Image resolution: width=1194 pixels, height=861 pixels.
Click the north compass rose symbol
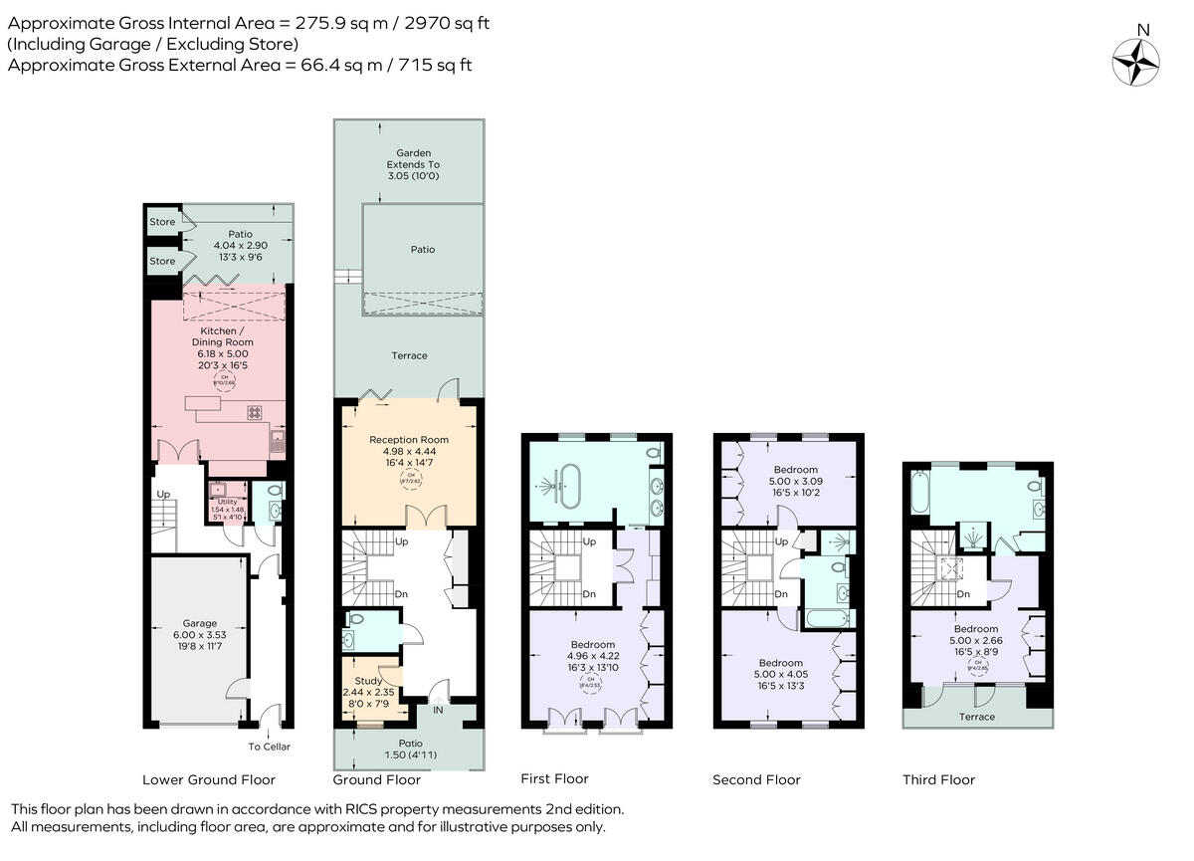point(1135,61)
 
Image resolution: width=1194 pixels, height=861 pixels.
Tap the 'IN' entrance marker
point(438,709)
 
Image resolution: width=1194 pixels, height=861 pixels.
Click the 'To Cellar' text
point(269,747)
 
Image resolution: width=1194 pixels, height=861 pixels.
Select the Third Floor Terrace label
point(976,717)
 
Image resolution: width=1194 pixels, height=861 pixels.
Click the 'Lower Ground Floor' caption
point(209,779)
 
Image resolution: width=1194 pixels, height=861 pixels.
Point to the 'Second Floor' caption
point(756,779)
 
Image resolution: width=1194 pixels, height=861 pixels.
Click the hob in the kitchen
point(254,411)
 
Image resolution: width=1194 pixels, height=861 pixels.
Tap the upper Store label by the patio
point(162,222)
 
